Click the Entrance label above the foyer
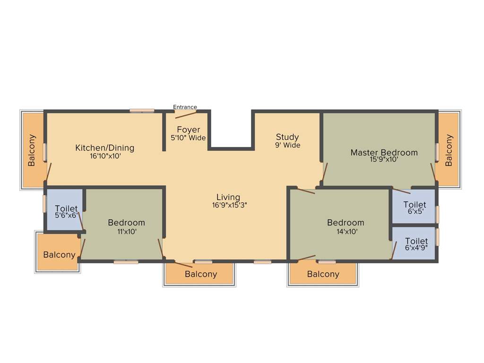click(x=185, y=107)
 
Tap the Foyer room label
click(x=188, y=130)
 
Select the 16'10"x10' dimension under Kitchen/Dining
click(x=105, y=156)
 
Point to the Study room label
click(x=287, y=137)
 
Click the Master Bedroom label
click(x=384, y=152)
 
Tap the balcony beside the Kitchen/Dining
click(x=32, y=150)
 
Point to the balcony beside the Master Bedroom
click(x=449, y=150)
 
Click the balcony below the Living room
click(x=200, y=274)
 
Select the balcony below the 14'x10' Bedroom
click(x=323, y=274)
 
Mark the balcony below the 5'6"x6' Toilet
click(x=59, y=255)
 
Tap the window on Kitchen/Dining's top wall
click(x=142, y=111)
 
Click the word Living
click(x=228, y=197)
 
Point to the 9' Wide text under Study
click(x=287, y=145)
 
